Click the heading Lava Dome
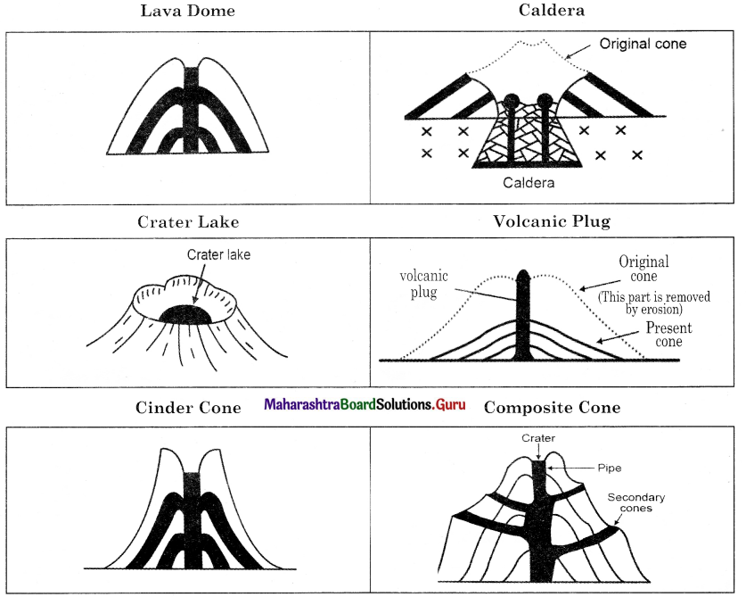pos(187,11)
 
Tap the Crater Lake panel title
pos(188,221)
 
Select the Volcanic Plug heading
pos(552,221)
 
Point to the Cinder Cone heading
pos(188,408)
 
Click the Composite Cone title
pos(552,408)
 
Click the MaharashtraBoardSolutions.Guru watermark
pos(365,404)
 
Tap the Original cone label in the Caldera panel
pos(643,44)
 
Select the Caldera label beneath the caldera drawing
pos(529,182)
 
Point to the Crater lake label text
pos(218,255)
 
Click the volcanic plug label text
pos(423,284)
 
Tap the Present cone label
pos(668,335)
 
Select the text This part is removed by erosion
pos(653,303)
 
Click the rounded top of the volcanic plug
pos(523,275)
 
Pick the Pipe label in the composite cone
pos(610,468)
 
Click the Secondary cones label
pos(636,502)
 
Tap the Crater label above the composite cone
pos(538,438)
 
